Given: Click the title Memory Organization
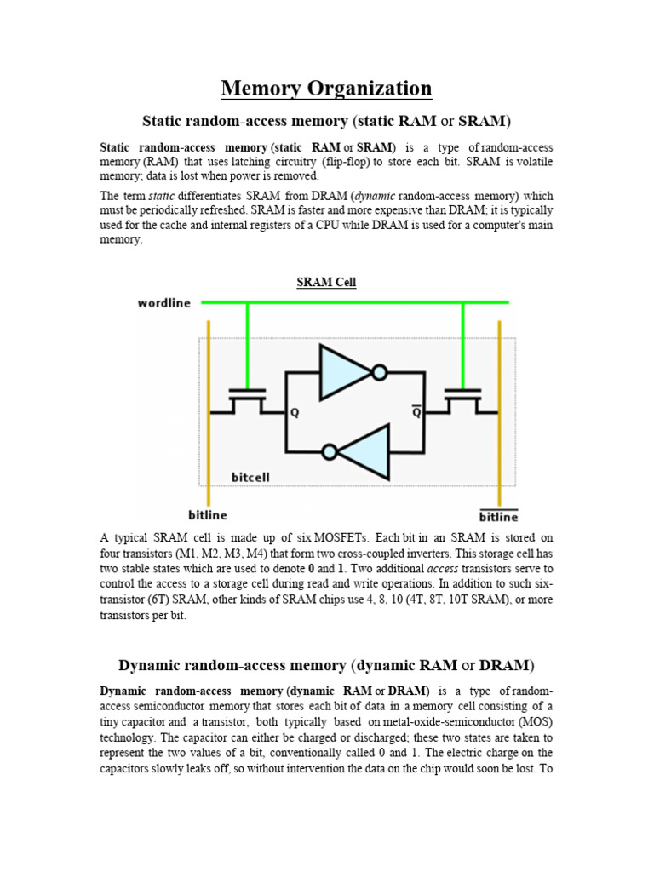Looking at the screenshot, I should click(x=326, y=88).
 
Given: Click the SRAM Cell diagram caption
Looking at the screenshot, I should click(x=326, y=283).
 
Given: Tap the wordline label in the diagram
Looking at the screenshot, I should click(x=164, y=303).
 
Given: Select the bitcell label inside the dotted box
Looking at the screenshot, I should click(x=250, y=477).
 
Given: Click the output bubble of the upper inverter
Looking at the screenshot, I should click(x=380, y=372).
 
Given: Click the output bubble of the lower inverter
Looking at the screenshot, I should click(x=329, y=452).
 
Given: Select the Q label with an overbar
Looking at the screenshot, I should click(x=416, y=413).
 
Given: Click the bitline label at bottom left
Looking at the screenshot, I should click(x=209, y=514).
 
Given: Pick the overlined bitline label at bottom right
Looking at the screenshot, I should click(x=498, y=516).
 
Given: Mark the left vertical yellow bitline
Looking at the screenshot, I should click(x=209, y=409).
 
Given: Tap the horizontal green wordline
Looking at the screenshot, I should click(x=358, y=302).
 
